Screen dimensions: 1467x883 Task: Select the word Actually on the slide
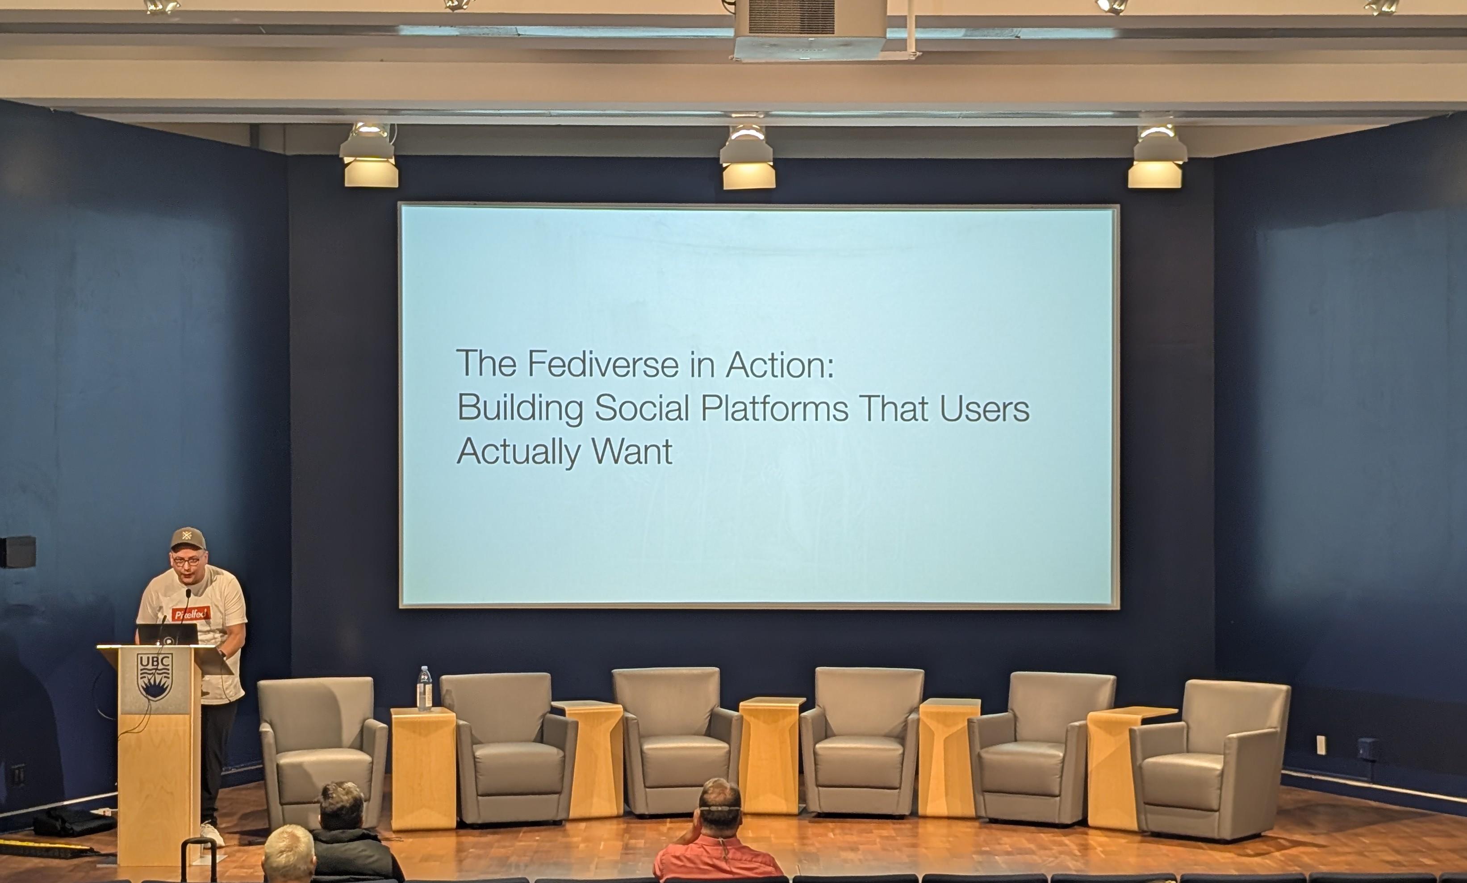click(518, 452)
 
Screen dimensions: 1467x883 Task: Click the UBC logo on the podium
click(155, 677)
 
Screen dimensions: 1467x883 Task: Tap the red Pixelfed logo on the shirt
click(191, 614)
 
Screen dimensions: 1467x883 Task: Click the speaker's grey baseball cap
click(188, 538)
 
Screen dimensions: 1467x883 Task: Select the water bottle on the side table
click(424, 689)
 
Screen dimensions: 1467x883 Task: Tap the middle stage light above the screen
click(748, 158)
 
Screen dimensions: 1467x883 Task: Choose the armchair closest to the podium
click(322, 753)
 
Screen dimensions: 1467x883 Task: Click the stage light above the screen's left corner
click(369, 156)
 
